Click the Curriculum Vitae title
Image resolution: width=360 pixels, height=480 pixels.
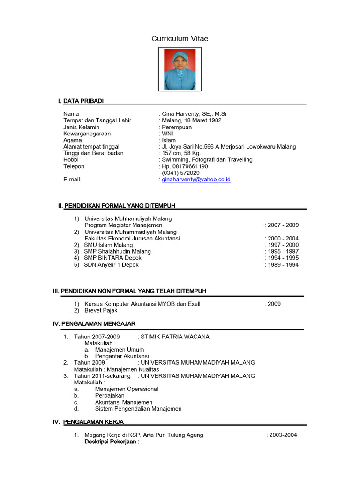click(180, 39)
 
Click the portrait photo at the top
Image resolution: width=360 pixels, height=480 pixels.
click(180, 70)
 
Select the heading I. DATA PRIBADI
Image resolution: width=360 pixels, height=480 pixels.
click(81, 101)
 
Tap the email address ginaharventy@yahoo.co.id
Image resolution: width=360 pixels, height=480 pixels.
click(196, 180)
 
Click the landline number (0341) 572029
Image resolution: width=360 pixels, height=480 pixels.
click(180, 173)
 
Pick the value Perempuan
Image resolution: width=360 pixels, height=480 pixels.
click(177, 127)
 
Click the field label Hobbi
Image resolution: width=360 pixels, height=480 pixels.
click(71, 160)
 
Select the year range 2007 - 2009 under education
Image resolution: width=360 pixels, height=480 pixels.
click(283, 225)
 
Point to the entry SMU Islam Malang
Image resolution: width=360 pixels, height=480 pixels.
click(108, 245)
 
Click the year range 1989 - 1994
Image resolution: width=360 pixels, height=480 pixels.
click(283, 265)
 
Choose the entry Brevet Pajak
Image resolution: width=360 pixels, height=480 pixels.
click(101, 311)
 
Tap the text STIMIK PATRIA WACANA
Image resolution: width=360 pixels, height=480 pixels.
click(175, 337)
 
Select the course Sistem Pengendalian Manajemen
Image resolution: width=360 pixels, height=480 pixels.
click(138, 409)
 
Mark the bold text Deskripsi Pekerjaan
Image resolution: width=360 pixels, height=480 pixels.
click(112, 442)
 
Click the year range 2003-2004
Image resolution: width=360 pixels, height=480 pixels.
click(283, 435)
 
